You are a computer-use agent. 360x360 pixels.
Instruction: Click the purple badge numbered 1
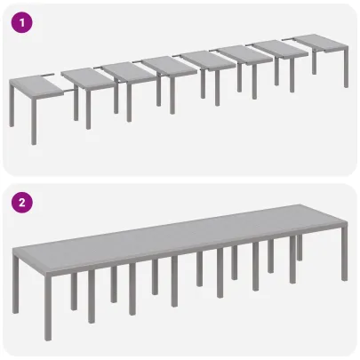(x=20, y=21)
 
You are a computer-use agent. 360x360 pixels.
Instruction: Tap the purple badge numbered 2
(x=20, y=202)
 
